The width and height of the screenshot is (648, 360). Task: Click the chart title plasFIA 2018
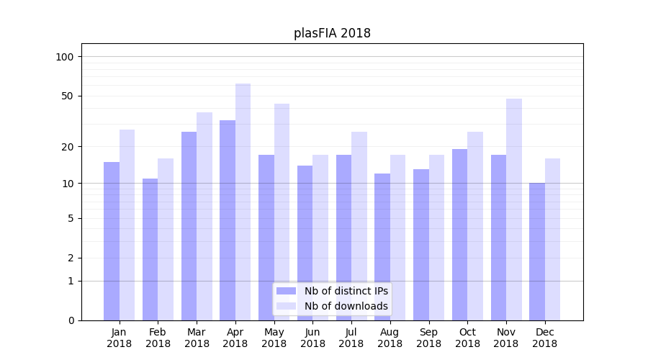click(332, 33)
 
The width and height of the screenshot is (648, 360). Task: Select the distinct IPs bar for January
click(112, 241)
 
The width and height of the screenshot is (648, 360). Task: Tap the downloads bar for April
click(243, 202)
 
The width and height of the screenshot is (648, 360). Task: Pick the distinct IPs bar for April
click(228, 220)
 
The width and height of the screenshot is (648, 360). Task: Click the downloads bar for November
click(513, 209)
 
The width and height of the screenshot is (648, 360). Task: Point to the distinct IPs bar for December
click(537, 251)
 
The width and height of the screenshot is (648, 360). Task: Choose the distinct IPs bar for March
click(189, 225)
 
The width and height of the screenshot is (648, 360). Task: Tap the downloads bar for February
click(166, 239)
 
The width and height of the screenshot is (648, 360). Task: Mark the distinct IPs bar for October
click(459, 234)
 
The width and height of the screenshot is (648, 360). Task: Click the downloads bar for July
click(359, 225)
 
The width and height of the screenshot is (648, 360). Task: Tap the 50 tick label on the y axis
click(68, 96)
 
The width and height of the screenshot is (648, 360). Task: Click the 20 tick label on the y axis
click(68, 147)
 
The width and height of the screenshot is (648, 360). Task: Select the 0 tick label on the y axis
click(71, 320)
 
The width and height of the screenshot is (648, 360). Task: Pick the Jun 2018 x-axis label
click(312, 338)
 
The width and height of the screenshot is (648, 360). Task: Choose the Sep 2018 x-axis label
click(428, 338)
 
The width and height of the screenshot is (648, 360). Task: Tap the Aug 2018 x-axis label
click(390, 338)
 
